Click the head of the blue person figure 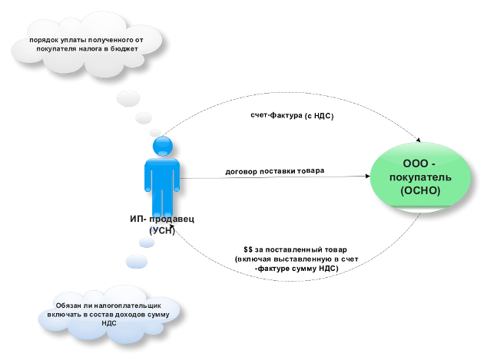[162, 146]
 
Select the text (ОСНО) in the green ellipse [420, 190]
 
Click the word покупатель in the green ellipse [420, 177]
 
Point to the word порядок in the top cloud [45, 39]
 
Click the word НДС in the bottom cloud [109, 324]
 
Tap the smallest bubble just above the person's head [155, 132]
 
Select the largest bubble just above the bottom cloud [136, 262]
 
